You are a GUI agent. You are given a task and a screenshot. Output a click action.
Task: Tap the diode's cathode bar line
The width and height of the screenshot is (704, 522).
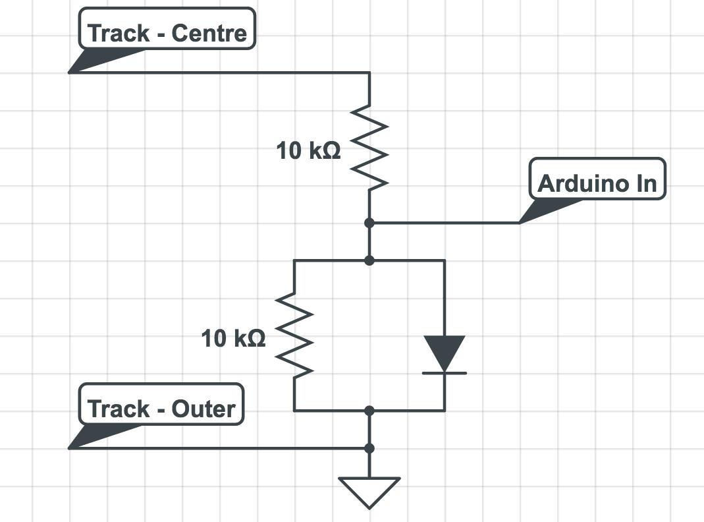tap(445, 373)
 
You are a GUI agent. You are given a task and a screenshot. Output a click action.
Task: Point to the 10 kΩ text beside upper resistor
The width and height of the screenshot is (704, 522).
tap(308, 152)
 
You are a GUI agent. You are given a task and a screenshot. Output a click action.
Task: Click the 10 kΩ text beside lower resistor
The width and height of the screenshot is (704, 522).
tap(233, 339)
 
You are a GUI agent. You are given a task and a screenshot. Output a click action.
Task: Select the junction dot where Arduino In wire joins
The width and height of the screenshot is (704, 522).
tap(369, 223)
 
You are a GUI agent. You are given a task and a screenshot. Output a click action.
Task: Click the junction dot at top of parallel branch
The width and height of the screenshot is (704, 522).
tap(369, 261)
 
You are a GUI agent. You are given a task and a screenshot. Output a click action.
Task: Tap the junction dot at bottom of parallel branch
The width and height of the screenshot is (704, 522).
tap(369, 411)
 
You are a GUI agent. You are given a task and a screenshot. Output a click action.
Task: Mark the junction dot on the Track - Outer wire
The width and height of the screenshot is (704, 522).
tap(369, 448)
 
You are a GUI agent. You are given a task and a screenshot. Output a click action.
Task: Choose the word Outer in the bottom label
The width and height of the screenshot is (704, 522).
tap(203, 409)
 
